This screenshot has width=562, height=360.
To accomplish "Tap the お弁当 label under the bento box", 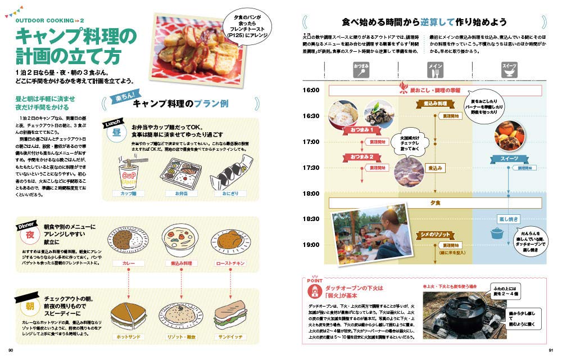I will pos(176,193).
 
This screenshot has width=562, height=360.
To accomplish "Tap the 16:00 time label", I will pos(311,90).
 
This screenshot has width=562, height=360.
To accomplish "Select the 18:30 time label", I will pos(311,219).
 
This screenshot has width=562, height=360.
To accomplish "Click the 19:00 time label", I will pos(311,245).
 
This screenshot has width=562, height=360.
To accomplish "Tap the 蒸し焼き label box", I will pos(508,219).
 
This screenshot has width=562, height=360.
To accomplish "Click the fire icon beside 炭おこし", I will pos(402,87).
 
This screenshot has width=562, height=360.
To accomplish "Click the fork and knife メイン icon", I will pos(436,69).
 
